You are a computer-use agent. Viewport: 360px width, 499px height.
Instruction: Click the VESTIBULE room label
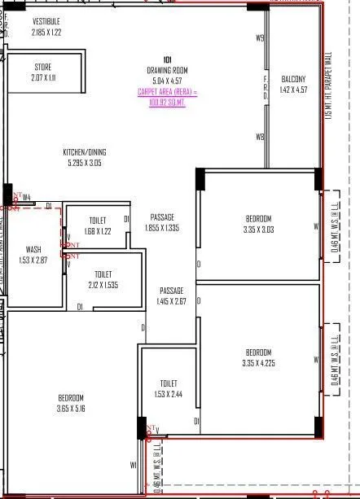46,20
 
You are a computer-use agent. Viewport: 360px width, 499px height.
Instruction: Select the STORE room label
43,67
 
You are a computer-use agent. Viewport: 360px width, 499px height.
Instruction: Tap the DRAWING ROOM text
167,70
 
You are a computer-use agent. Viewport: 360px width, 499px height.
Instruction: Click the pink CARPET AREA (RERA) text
167,98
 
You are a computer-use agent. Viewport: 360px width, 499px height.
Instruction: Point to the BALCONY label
293,79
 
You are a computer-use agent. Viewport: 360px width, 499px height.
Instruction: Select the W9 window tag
260,38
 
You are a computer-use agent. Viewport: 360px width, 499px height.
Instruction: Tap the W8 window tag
260,138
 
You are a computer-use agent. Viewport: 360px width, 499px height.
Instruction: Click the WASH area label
33,250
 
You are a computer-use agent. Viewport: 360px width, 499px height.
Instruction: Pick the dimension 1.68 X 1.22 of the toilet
95,231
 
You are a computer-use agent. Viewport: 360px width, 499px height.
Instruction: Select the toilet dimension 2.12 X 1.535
103,285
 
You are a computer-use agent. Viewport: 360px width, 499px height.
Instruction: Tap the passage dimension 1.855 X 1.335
163,229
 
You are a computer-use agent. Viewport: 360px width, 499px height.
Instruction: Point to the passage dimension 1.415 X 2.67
171,302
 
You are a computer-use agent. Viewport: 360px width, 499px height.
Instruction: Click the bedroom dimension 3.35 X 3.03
258,230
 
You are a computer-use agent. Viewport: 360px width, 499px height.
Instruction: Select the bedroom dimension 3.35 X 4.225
258,363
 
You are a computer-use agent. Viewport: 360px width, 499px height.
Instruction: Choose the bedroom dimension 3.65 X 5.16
71,408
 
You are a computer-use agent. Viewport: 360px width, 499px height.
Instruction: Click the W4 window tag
26,197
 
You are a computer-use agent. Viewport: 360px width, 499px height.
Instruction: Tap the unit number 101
166,59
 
